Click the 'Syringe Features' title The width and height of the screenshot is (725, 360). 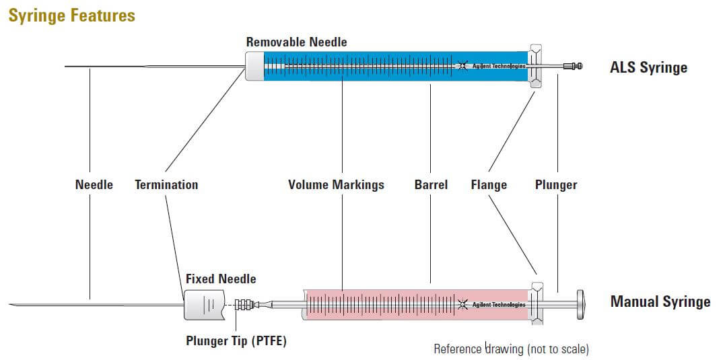[71, 15]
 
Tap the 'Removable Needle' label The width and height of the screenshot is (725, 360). [296, 42]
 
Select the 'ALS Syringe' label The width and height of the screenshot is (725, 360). [648, 67]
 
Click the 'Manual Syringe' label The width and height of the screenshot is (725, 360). [660, 301]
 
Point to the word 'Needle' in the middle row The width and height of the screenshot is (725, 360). [94, 184]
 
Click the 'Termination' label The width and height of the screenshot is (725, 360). [166, 184]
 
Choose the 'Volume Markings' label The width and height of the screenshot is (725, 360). [336, 184]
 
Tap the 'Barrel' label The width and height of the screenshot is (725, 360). [431, 184]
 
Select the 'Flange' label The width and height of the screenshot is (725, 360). [489, 184]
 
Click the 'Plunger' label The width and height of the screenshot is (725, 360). [556, 184]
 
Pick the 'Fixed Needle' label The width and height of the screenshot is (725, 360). [221, 278]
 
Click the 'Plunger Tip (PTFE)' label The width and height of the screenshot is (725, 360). [236, 340]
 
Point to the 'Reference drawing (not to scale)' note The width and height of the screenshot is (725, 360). [511, 349]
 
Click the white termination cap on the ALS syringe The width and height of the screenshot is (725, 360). [254, 66]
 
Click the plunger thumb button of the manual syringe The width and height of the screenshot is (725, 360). [580, 305]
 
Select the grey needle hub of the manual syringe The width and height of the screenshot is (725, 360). [203, 305]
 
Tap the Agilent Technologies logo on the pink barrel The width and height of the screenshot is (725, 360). [491, 304]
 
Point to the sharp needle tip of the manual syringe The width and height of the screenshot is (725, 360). [13, 305]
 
